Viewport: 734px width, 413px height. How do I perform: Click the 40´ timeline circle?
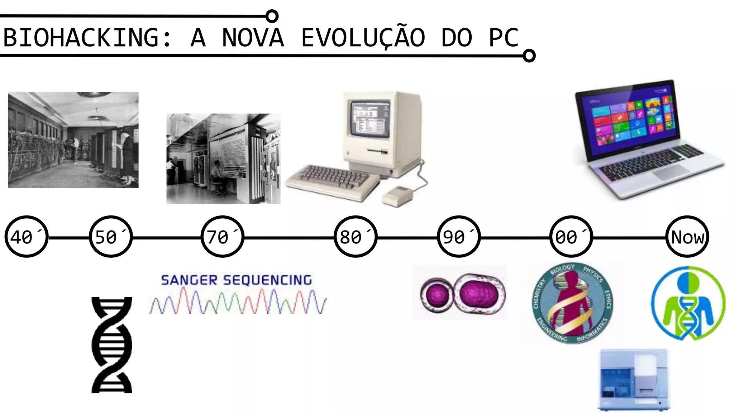point(26,237)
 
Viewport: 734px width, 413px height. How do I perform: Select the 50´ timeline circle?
point(111,237)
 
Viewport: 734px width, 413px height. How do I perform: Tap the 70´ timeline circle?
point(222,237)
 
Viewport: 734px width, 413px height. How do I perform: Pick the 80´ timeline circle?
point(356,237)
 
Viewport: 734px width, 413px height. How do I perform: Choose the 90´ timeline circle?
point(459,237)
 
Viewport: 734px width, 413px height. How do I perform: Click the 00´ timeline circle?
point(571,237)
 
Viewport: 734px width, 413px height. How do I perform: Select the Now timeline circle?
point(687,237)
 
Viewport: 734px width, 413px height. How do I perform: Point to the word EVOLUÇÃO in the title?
point(363,38)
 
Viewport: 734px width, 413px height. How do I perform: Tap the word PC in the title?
point(504,38)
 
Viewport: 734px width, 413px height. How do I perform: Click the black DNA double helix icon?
point(112,345)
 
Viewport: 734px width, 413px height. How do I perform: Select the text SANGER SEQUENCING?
point(237,280)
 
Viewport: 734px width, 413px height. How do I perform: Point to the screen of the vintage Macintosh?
point(370,118)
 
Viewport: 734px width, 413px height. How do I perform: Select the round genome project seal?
point(572,303)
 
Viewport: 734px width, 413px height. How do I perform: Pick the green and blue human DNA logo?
point(688,303)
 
